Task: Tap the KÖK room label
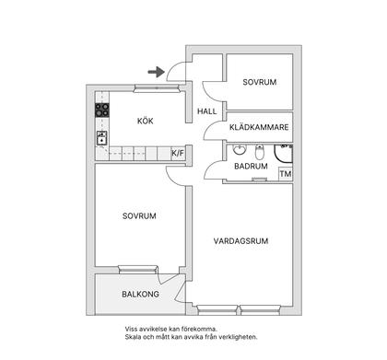[145, 121]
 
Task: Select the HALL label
[206, 111]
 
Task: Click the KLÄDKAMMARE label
[260, 127]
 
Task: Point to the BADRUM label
[250, 167]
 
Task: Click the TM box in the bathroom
[285, 173]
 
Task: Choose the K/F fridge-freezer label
[177, 153]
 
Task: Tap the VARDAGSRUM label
[240, 241]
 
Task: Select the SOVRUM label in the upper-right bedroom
[259, 82]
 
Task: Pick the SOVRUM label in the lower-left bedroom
[139, 215]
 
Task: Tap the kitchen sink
[100, 139]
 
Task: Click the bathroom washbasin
[239, 149]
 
